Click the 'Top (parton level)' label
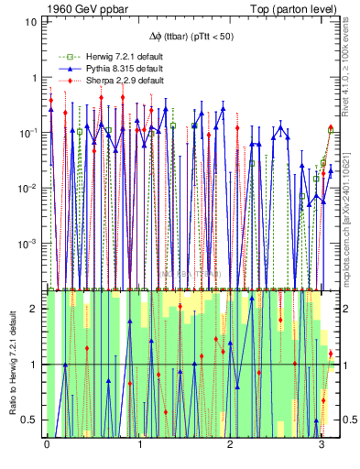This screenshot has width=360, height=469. [x=296, y=7]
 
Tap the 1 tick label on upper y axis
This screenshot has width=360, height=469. [x=33, y=78]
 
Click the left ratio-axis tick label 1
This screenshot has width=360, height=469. [x=36, y=365]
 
